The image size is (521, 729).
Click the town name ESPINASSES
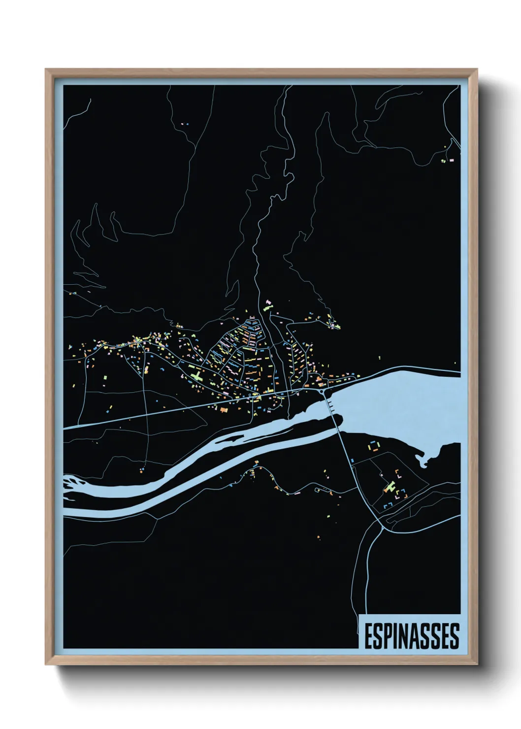(412, 636)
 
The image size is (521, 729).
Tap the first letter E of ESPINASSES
(369, 636)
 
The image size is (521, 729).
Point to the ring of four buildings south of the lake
(374, 447)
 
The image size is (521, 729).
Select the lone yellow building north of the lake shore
(379, 358)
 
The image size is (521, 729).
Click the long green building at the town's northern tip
(268, 306)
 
